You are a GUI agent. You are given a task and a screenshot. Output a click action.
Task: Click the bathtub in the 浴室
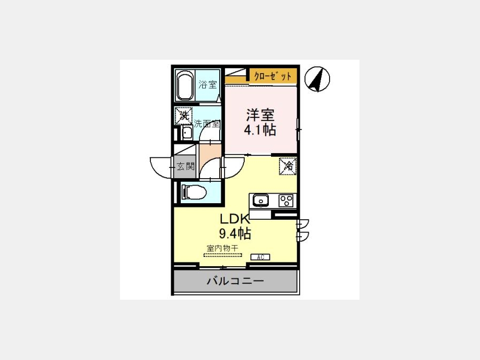coord(185,86)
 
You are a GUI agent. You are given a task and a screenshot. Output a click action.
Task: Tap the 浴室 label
coord(207,84)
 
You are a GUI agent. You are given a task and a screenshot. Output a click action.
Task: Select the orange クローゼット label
coord(273,76)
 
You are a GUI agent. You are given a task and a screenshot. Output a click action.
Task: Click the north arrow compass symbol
coord(317,79)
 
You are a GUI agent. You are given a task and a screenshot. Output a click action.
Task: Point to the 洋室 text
coord(260,115)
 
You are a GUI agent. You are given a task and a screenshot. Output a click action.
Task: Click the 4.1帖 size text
coord(260,130)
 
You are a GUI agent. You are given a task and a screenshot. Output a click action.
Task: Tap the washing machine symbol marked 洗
coord(183,116)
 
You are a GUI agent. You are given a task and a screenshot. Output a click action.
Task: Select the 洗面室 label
coord(207,124)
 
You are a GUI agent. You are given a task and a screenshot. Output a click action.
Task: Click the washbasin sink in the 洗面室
coord(187,133)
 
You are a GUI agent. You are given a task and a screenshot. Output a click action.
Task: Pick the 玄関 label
coord(186,166)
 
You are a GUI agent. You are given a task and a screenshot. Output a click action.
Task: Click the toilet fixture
coord(194,192)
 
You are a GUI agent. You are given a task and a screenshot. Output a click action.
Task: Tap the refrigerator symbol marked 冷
coord(288,166)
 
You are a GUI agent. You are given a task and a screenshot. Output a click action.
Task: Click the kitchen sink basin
coord(261,201)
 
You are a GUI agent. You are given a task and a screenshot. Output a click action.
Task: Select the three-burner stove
coord(286,201)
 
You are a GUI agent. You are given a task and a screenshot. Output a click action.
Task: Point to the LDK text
coord(235,219)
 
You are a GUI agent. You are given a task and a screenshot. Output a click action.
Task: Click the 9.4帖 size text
coord(235,234)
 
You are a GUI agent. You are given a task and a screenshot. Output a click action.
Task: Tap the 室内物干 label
coord(222,248)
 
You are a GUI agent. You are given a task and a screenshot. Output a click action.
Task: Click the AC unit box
coord(260,257)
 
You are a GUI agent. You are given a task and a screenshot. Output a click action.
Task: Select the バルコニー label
coord(235,281)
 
